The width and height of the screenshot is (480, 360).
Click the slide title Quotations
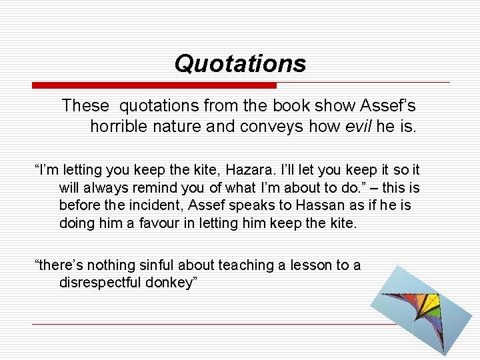[240, 64]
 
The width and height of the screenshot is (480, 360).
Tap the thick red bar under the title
[154, 85]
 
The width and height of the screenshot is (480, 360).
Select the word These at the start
[85, 105]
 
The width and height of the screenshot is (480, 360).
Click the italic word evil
[355, 126]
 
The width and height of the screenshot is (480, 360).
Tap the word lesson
[306, 265]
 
